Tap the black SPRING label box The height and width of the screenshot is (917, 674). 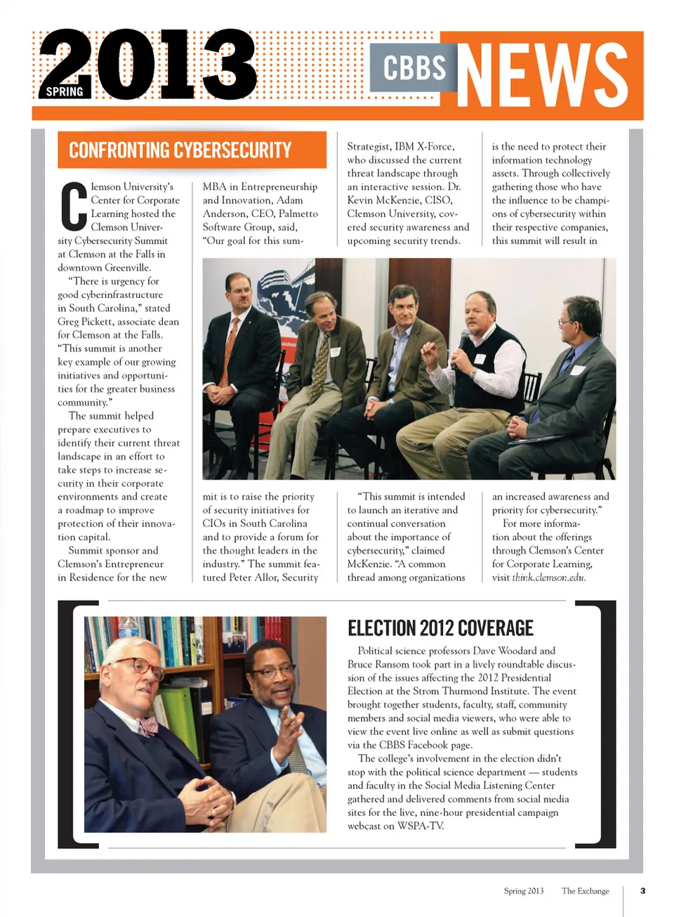point(65,91)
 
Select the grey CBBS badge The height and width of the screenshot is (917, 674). point(414,67)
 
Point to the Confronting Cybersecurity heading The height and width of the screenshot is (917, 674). point(180,150)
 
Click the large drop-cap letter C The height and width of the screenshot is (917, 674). point(73,207)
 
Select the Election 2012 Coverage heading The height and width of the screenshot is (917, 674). point(440,627)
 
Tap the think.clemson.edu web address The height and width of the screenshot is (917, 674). point(548,578)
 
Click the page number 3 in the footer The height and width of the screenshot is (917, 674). point(642,890)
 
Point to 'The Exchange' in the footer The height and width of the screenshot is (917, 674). point(585,890)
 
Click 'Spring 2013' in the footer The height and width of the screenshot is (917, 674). point(523,890)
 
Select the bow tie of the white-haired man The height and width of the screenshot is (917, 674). point(147,724)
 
